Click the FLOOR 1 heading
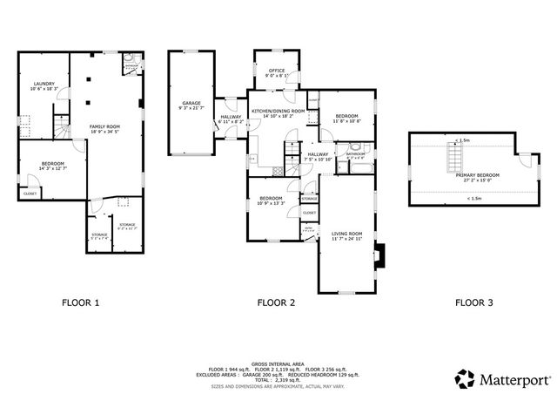80,302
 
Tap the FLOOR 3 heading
474,302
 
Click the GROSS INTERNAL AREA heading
278,363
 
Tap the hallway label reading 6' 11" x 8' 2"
231,119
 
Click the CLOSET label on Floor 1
30,194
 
